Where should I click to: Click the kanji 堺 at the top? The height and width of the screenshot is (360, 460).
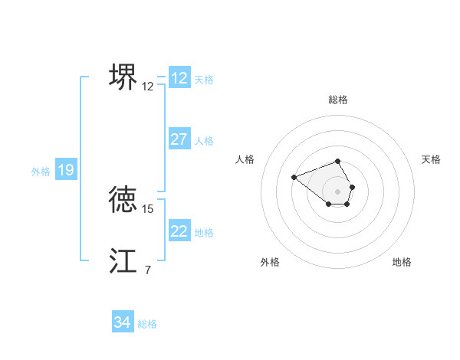coord(123,77)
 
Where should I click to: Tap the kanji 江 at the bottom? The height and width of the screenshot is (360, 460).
coord(123,260)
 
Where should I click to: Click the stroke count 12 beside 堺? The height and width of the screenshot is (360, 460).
coord(148,87)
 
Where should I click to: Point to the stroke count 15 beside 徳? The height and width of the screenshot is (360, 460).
coord(148,208)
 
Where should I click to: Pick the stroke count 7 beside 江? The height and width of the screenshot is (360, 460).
coord(148,270)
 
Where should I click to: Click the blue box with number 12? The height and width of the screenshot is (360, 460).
coord(179,78)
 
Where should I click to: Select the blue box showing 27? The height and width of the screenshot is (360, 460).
coord(179,139)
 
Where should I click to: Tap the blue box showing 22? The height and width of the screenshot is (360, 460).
coord(179,231)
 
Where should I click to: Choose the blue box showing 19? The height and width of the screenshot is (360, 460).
coord(66,170)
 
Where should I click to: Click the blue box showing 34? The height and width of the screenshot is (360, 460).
coord(123,322)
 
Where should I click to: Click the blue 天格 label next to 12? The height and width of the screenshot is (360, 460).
coord(204,80)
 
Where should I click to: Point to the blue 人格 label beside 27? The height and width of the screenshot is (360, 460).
coord(204,141)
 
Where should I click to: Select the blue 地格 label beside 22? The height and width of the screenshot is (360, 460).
coord(204,233)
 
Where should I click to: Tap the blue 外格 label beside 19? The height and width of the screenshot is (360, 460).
coord(41,172)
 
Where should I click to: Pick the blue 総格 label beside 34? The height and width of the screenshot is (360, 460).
coord(147,324)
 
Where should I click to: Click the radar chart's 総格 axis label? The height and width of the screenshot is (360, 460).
coord(338,100)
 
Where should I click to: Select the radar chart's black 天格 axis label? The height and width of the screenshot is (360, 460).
coord(431,159)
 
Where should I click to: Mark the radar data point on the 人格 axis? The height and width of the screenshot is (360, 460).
coord(294,177)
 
